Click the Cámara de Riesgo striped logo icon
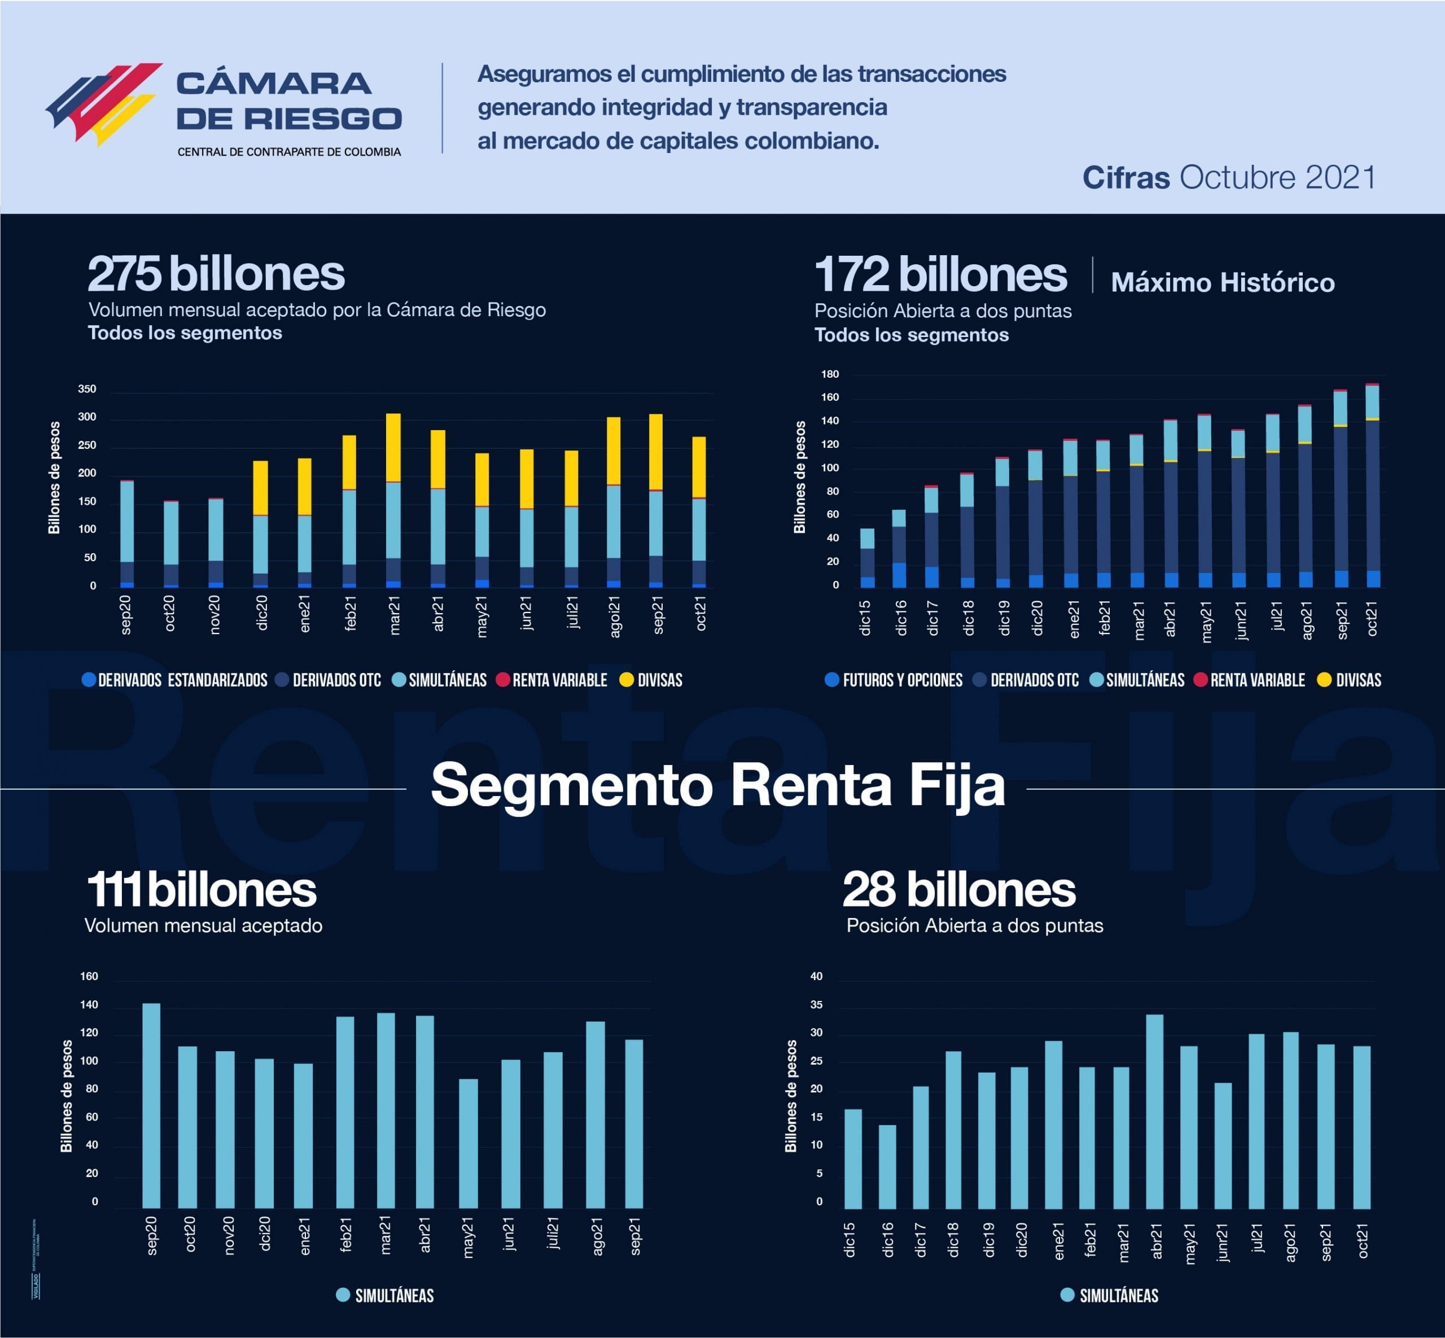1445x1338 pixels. pos(103,103)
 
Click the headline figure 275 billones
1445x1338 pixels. pos(216,274)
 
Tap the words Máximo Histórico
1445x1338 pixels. pos(1222,282)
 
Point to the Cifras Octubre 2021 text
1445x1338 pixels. pos(1229,177)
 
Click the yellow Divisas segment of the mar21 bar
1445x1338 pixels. pos(393,448)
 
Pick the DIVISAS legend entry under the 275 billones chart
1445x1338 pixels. pos(651,680)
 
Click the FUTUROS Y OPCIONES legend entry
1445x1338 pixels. pos(894,680)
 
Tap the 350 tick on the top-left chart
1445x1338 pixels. pos(87,390)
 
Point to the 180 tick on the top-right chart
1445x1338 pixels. pos(830,374)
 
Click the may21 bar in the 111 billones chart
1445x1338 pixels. pos(468,1143)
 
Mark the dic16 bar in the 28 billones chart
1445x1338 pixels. pos(887,1166)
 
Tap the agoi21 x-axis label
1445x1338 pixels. pos(615,617)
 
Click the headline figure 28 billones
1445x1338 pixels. pos(958,890)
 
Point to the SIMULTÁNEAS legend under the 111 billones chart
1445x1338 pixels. pos(386,1295)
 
